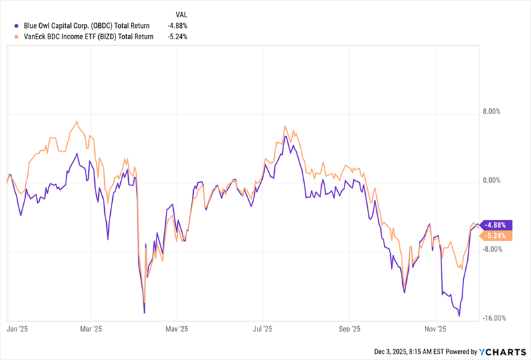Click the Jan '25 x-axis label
(17, 328)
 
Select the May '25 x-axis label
(176, 328)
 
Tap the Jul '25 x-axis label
(263, 328)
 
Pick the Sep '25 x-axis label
(349, 328)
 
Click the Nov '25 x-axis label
(435, 328)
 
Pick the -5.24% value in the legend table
(177, 37)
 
